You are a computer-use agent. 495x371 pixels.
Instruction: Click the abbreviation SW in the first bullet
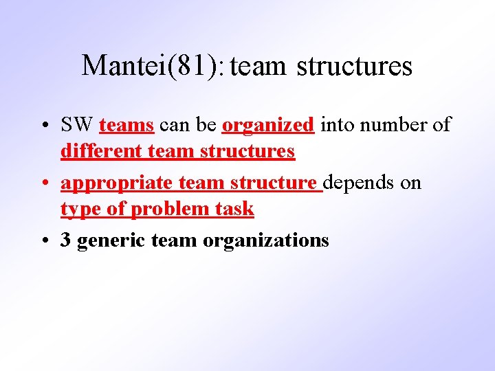click(76, 125)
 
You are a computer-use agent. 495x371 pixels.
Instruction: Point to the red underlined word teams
click(126, 125)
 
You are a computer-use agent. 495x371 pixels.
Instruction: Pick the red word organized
click(268, 126)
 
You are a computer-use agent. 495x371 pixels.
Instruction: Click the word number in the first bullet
click(393, 125)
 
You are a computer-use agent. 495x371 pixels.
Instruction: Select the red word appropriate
click(116, 183)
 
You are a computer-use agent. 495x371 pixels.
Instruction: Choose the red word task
click(235, 209)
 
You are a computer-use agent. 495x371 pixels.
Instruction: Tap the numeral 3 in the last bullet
click(66, 240)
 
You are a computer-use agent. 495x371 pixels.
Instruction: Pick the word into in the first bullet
click(335, 125)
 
